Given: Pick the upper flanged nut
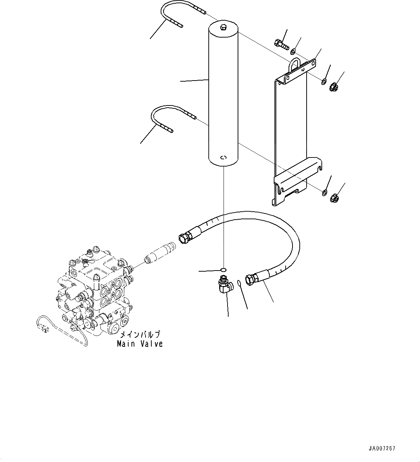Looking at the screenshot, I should (334, 87).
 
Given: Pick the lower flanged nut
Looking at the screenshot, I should (334, 198).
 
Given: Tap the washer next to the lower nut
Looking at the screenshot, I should (324, 193).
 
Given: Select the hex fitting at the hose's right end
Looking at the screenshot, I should (251, 279).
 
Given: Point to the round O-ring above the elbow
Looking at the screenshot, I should (224, 269).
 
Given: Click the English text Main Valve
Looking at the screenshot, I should (140, 344).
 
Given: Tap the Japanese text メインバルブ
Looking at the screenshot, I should (139, 335).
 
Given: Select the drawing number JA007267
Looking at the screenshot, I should (382, 448).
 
